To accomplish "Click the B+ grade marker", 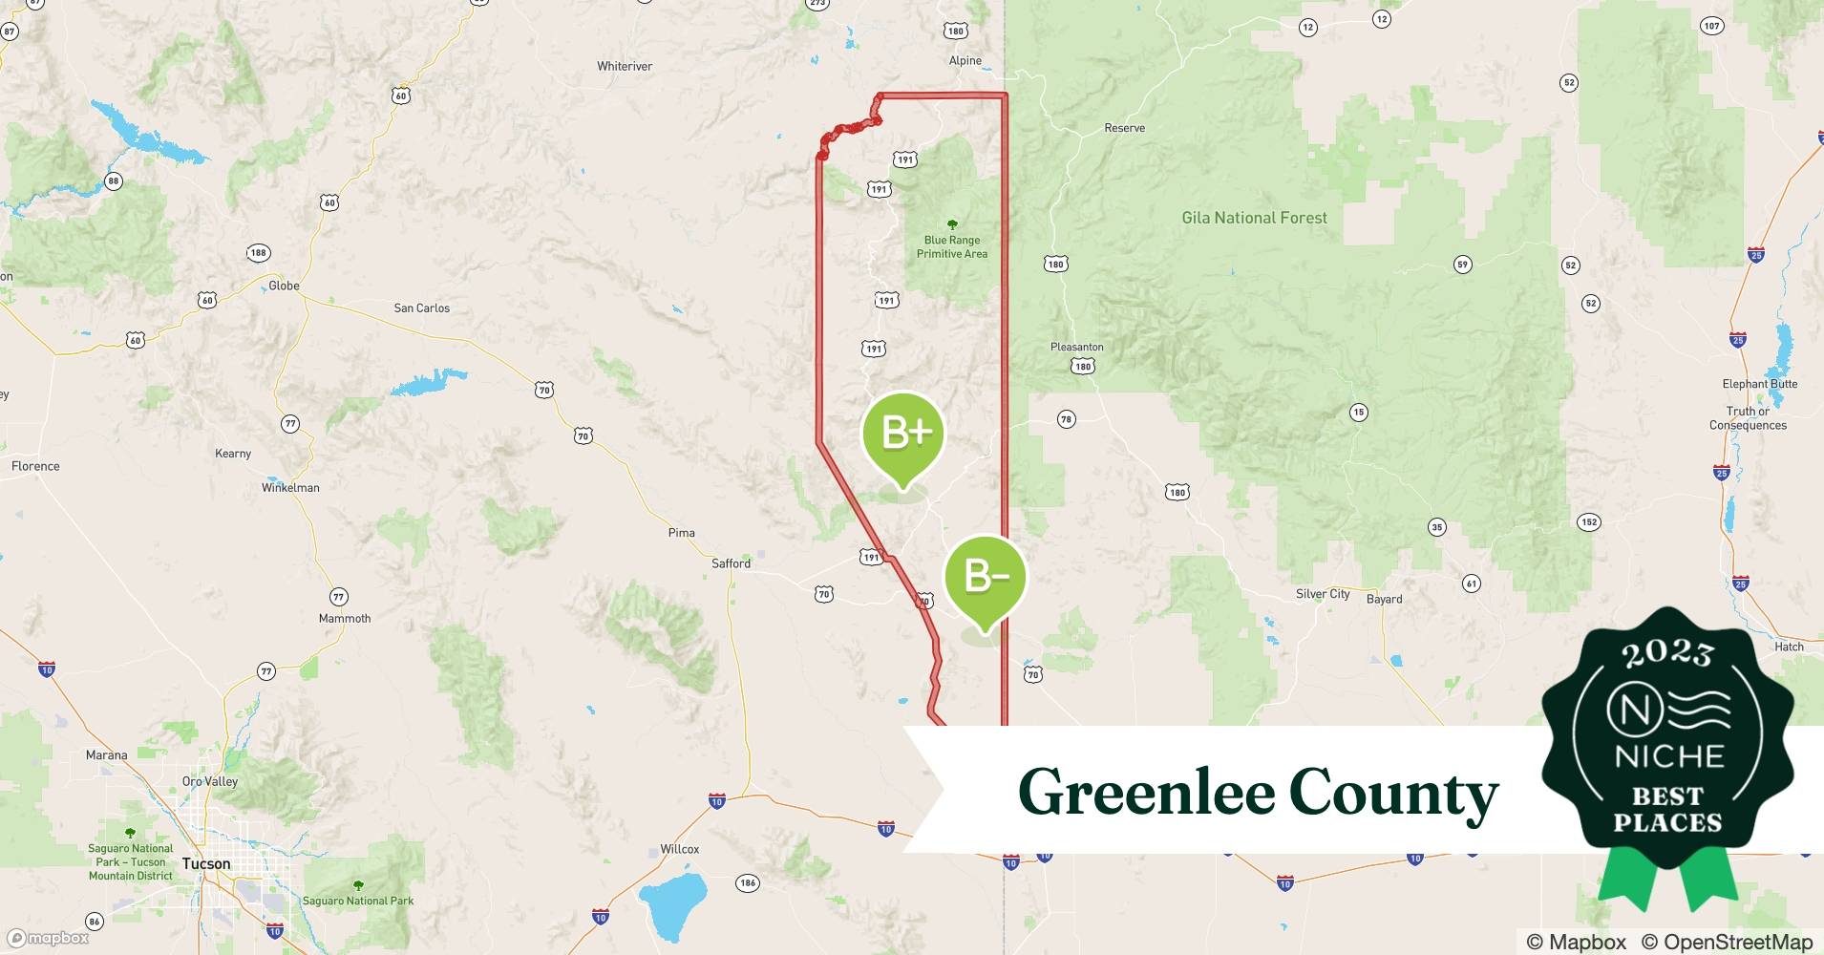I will pyautogui.click(x=902, y=435).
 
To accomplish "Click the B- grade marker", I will pyautogui.click(x=985, y=577).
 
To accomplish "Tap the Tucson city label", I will pyautogui.click(x=206, y=863).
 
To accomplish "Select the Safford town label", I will pyautogui.click(x=731, y=563).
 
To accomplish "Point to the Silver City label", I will pyautogui.click(x=1323, y=594).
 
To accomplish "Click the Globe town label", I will pyautogui.click(x=284, y=286).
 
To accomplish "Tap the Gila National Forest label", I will pyautogui.click(x=1254, y=218).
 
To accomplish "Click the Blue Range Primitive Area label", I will pyautogui.click(x=952, y=247).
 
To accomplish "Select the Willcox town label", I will pyautogui.click(x=680, y=849).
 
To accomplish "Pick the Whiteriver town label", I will pyautogui.click(x=625, y=66).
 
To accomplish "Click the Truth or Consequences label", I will pyautogui.click(x=1748, y=418).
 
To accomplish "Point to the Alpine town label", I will pyautogui.click(x=965, y=60).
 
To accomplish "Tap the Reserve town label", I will pyautogui.click(x=1124, y=128).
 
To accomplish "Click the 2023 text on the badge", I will pyautogui.click(x=1667, y=654).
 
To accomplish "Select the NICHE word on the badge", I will pyautogui.click(x=1668, y=757).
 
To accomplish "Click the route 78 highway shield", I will pyautogui.click(x=1067, y=419).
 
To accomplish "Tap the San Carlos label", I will pyautogui.click(x=421, y=308).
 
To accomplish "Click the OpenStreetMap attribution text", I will pyautogui.click(x=1727, y=942).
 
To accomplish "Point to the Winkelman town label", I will pyautogui.click(x=290, y=487).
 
